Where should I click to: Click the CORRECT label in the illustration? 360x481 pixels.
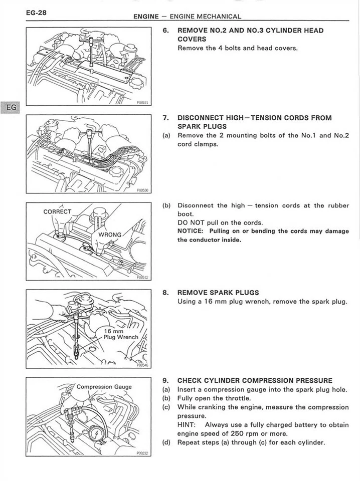point(58,211)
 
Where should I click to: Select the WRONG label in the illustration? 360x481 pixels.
point(109,234)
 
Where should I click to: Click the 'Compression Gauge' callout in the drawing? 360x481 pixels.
point(104,386)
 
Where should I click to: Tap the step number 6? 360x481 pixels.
point(166,31)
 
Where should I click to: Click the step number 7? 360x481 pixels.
point(166,118)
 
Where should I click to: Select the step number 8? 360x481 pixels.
point(166,292)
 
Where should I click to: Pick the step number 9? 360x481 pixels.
point(166,380)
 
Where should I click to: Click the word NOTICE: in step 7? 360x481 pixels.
point(189,231)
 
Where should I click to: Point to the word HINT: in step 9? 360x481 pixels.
point(188,425)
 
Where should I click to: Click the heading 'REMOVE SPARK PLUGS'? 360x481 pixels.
point(218,292)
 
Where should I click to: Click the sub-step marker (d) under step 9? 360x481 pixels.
point(167,442)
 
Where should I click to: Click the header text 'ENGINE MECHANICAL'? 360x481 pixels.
point(205,17)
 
